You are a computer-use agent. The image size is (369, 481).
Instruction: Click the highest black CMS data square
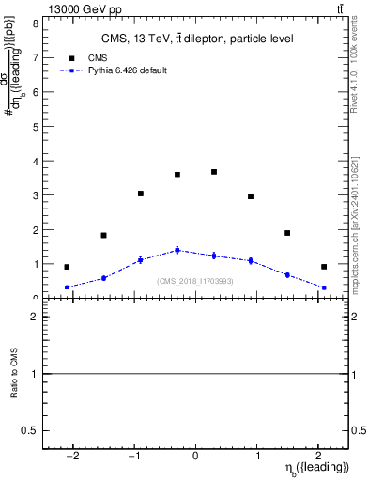click(x=214, y=172)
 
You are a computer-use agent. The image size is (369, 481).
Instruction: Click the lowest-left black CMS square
click(x=67, y=267)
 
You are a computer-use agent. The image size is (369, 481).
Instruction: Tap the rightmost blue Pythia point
click(x=324, y=287)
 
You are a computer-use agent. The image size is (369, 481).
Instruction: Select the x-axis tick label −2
click(x=73, y=455)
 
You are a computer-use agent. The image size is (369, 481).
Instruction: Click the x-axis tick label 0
click(x=195, y=455)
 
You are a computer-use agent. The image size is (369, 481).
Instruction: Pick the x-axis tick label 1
click(x=256, y=455)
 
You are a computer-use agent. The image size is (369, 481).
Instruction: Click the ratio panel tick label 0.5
click(x=31, y=430)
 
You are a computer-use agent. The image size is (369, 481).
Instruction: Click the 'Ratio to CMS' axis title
click(x=14, y=374)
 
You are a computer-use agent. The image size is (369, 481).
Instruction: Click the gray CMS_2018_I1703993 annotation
click(x=195, y=281)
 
